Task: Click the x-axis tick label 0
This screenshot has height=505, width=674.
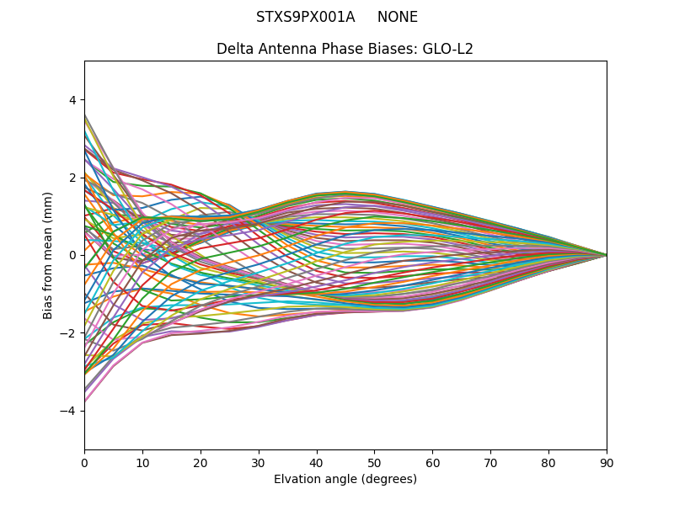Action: point(84,462)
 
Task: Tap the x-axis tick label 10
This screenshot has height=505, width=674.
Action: point(142,462)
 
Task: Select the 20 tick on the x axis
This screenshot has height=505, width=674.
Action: point(201,462)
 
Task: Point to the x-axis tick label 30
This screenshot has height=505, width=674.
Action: point(259,462)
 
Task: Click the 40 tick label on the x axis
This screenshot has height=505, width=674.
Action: point(317,462)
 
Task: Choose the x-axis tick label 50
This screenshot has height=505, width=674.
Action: point(374,462)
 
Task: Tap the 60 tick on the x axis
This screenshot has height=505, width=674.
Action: point(432,462)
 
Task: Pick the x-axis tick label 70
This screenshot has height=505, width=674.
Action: point(490,462)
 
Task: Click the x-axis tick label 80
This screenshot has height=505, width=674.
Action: point(548,462)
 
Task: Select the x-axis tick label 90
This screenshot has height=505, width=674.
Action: point(607,462)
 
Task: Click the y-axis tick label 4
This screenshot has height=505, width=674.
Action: point(72,100)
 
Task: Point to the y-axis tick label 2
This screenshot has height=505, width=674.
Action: point(72,178)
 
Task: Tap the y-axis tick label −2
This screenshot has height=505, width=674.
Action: point(68,333)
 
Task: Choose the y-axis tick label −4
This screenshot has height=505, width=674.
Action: point(68,411)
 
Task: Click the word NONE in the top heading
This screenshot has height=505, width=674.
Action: point(398,17)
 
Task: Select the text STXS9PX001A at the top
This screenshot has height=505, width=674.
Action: point(306,17)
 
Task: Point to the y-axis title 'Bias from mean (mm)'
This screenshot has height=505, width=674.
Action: point(48,254)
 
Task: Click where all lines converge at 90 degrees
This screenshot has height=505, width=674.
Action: point(606,255)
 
